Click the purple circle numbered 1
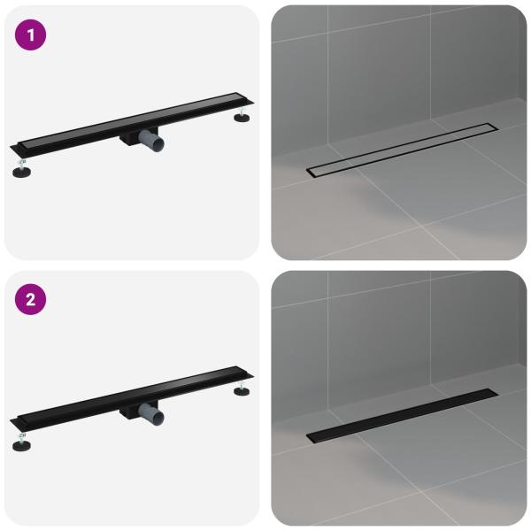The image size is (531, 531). [x=30, y=35]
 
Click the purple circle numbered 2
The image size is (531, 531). [x=30, y=299]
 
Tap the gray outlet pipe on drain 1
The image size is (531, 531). [x=151, y=140]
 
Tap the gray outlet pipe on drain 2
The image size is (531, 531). [x=151, y=414]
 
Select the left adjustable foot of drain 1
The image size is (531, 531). [x=21, y=169]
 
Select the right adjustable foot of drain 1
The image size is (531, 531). [x=242, y=115]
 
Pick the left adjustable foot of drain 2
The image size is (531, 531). [x=21, y=442]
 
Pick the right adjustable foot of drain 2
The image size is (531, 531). [x=242, y=389]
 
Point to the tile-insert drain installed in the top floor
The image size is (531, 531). [x=403, y=150]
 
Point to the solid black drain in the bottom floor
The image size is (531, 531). [x=403, y=416]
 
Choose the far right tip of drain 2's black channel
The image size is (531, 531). [x=253, y=375]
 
